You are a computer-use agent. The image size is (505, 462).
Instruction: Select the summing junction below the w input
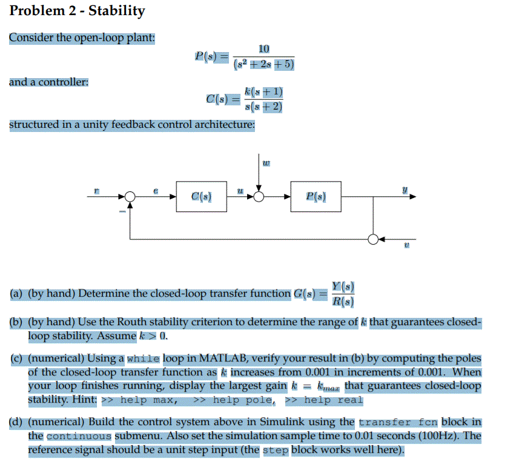(260, 196)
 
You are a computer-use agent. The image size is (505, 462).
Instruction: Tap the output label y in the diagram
(405, 189)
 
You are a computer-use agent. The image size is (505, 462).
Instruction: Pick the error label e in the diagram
(155, 190)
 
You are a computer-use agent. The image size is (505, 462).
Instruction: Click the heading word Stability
(117, 11)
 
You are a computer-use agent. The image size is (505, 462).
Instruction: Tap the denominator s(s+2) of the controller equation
(263, 107)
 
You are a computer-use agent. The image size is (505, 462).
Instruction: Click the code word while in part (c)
(144, 359)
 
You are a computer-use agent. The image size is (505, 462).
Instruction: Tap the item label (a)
(17, 294)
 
